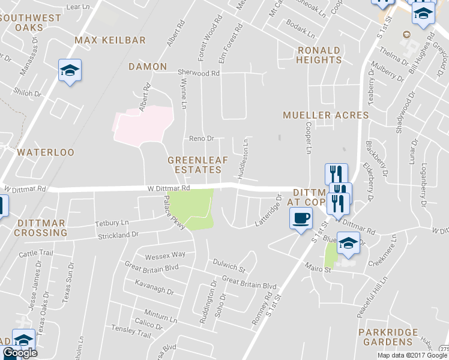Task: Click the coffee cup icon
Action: (x=301, y=217)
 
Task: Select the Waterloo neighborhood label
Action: (x=46, y=152)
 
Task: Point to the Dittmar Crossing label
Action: (x=41, y=227)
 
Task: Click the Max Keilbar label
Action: (x=110, y=40)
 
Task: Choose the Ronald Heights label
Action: (x=319, y=55)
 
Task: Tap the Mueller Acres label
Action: (x=325, y=115)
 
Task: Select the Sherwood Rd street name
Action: (x=199, y=73)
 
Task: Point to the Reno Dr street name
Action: (x=202, y=139)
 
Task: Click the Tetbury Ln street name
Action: (x=112, y=223)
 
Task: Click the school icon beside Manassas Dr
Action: (x=70, y=71)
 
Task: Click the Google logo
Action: (x=19, y=353)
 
